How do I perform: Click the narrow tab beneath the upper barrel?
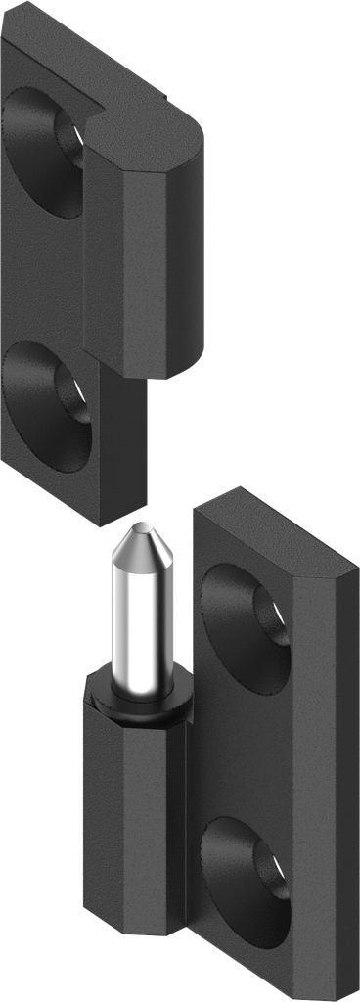122,440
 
